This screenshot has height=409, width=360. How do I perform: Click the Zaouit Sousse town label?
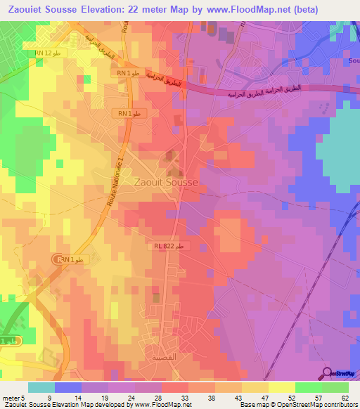(x=165, y=181)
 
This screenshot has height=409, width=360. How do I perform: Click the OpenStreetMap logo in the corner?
(x=340, y=373)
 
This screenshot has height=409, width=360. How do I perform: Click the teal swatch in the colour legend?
(x=41, y=387)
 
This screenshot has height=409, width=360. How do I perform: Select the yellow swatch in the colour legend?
(x=282, y=387)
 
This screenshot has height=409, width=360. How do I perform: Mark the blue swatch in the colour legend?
(x=68, y=387)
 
